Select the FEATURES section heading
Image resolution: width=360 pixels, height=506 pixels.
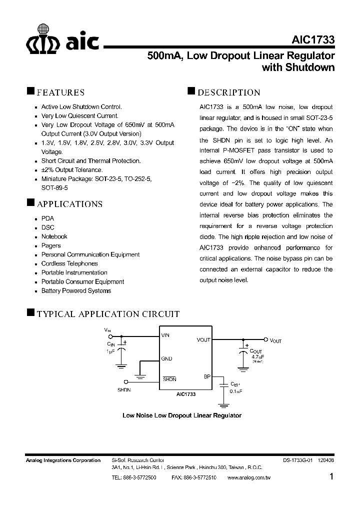click(60, 92)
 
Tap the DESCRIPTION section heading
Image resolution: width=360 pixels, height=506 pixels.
click(228, 92)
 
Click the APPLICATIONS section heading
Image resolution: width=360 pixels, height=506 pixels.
click(69, 204)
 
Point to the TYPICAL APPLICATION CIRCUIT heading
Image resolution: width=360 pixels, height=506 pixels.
click(108, 314)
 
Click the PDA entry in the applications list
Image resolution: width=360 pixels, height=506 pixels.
click(47, 218)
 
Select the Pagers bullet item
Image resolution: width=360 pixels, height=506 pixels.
click(51, 245)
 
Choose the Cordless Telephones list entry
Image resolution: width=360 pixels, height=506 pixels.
click(69, 263)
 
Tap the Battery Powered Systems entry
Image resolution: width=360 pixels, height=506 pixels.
click(76, 290)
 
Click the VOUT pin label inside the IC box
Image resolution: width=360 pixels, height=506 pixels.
click(203, 340)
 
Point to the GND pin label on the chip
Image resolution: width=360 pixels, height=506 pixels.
click(166, 358)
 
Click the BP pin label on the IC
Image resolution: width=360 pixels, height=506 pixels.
click(207, 376)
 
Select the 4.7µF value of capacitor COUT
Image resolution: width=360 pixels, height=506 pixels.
click(257, 357)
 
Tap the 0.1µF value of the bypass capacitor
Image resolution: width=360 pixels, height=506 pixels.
click(236, 390)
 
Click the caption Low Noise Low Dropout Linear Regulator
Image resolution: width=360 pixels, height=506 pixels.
click(182, 415)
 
